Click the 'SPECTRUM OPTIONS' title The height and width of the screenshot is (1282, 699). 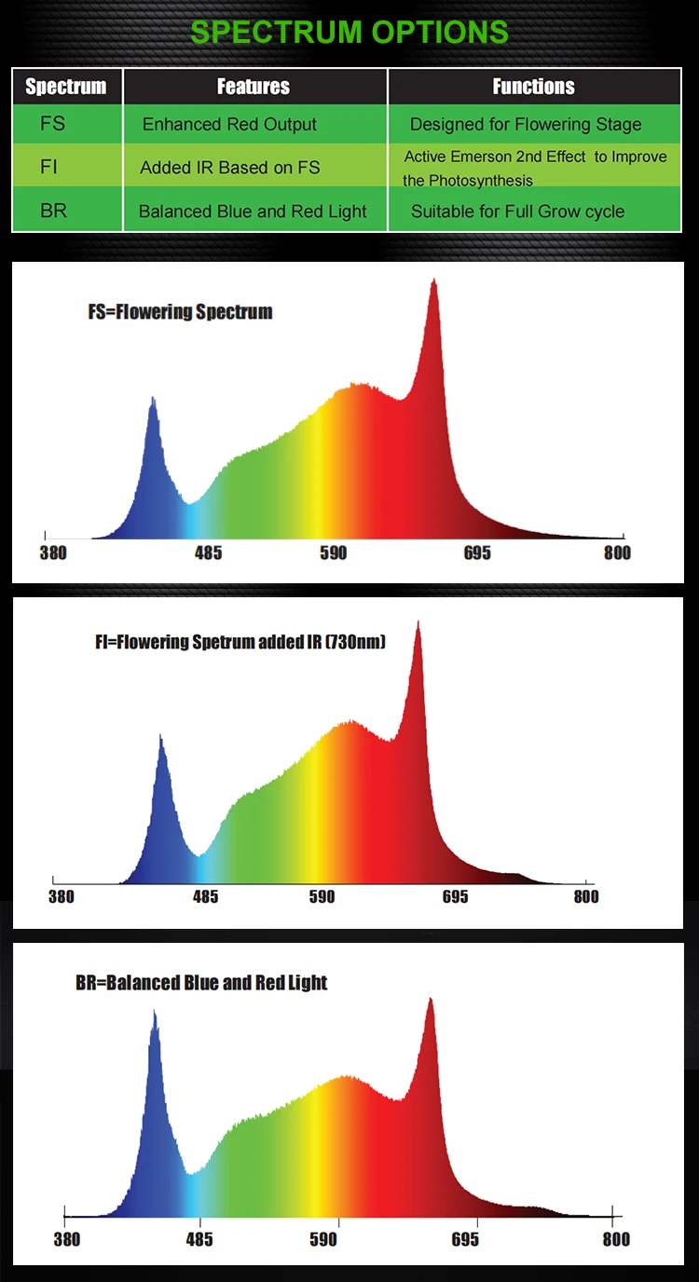pos(349,31)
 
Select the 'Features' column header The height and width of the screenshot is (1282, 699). pos(254,87)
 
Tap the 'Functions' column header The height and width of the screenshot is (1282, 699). pos(533,87)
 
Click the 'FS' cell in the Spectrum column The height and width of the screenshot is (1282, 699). pos(53,124)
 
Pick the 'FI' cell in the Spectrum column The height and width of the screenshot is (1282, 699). pos(49,168)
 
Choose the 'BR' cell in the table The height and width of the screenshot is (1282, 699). pos(53,211)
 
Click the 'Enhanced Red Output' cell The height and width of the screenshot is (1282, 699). pos(229,124)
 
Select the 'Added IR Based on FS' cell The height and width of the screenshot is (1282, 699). pos(229,168)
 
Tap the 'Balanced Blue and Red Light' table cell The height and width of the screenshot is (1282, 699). pos(253,211)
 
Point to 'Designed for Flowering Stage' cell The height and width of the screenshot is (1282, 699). pos(526,124)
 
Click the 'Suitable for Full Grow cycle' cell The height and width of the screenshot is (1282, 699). pos(518,211)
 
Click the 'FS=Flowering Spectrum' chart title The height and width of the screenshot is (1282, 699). pos(180,312)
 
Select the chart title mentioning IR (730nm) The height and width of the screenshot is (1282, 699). pos(240,642)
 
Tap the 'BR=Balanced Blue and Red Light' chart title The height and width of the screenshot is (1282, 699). pos(201,983)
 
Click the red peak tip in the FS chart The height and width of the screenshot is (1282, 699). pos(432,280)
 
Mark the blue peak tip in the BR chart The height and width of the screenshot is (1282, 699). pos(154,1012)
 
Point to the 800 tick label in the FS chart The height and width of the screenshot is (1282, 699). pos(617,552)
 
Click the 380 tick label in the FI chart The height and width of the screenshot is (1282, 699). pos(61,897)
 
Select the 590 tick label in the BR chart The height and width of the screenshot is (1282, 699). pos(323,1239)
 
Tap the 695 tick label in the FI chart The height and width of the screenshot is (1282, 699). pos(455,897)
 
